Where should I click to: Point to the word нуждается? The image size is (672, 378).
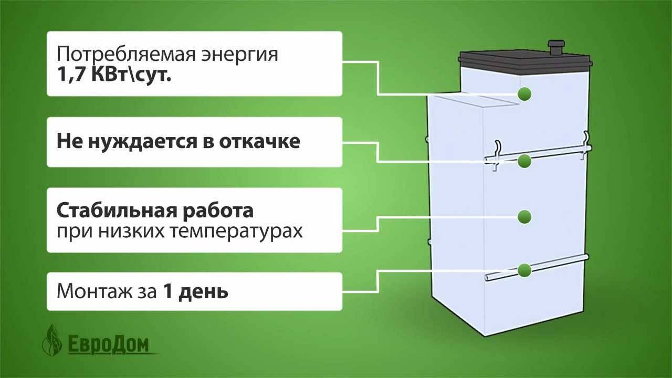click(138, 142)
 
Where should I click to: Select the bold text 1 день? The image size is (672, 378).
click(196, 291)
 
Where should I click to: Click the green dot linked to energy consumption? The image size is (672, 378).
click(524, 94)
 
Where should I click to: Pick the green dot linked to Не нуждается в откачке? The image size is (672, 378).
click(524, 161)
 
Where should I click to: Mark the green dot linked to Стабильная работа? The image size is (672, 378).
click(524, 216)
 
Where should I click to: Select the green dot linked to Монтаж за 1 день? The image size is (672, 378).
click(524, 270)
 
